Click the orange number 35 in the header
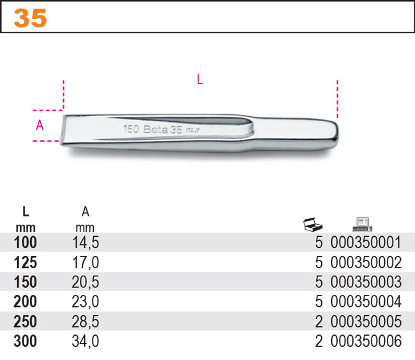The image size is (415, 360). tap(30, 18)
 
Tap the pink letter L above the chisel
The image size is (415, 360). tap(200, 79)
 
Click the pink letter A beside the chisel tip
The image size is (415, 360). tap(40, 125)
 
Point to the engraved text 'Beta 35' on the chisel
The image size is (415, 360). tap(163, 130)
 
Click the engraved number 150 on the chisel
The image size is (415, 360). tap(131, 129)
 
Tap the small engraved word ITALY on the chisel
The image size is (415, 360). tap(193, 130)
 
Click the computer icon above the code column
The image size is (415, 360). tap(363, 224)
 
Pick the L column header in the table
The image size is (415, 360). tap(26, 212)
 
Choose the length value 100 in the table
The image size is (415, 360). tap(25, 243)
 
